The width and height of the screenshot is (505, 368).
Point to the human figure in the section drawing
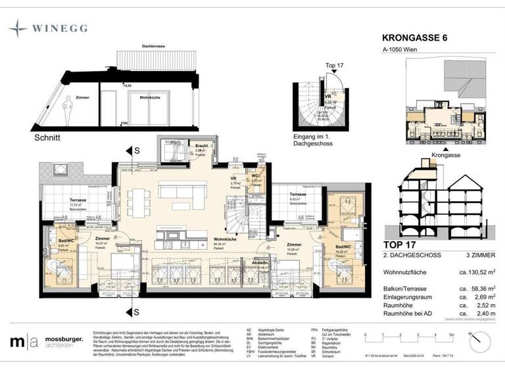pyautogui.click(x=69, y=106)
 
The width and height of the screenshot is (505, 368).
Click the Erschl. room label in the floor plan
pyautogui.click(x=183, y=146)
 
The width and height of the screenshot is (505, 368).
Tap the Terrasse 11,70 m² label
pyautogui.click(x=80, y=200)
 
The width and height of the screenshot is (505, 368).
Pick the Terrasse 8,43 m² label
pyautogui.click(x=298, y=195)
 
